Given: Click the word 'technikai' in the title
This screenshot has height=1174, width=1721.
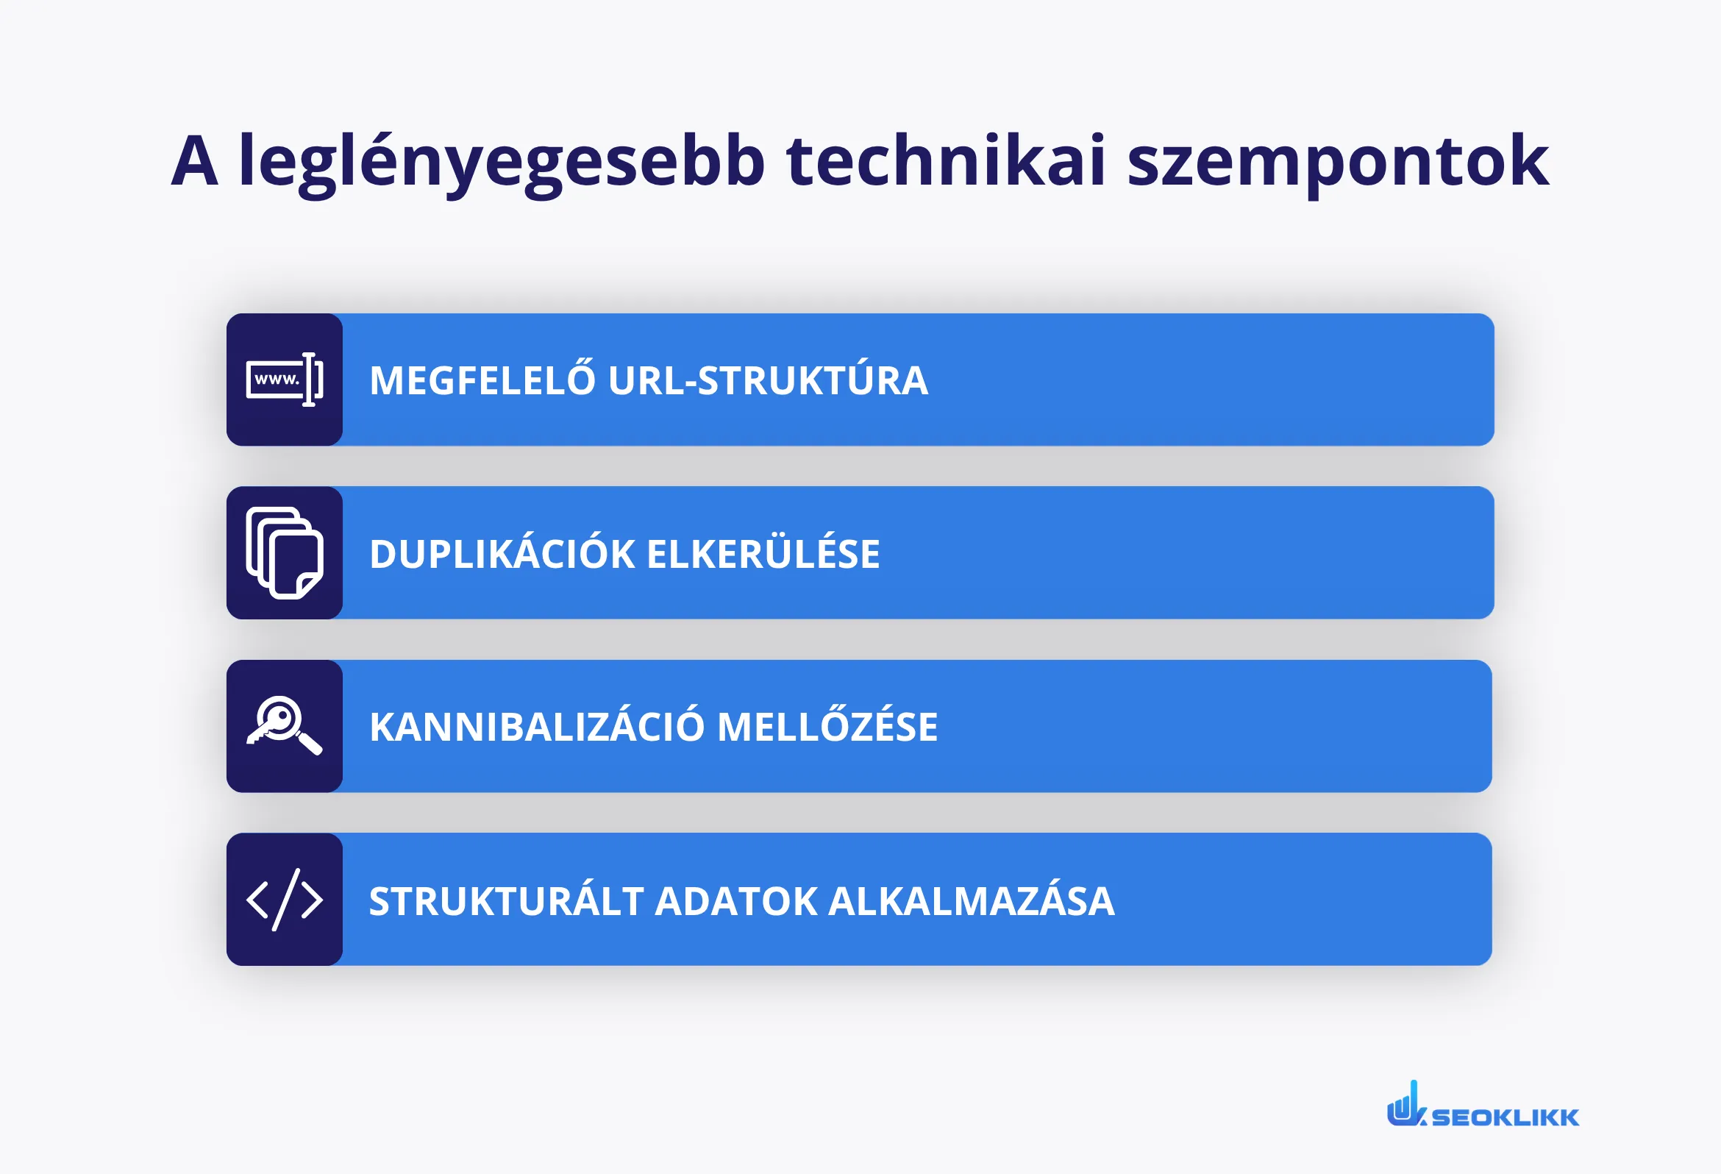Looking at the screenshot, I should point(946,161).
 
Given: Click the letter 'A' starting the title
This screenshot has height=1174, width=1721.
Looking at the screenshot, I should point(195,161).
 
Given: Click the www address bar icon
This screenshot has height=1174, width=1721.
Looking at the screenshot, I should point(285,380).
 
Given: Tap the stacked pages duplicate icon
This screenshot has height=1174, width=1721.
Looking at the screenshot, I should point(285,552).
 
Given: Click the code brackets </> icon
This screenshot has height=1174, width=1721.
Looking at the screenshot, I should point(285,899).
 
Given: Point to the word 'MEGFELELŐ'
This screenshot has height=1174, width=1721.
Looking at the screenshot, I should point(482,381).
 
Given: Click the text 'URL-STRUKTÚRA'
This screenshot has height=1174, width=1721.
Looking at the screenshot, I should point(768,381).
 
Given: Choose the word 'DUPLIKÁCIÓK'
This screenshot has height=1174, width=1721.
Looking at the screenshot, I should point(502,554).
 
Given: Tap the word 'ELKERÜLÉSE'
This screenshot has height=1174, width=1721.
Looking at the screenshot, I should point(763,554).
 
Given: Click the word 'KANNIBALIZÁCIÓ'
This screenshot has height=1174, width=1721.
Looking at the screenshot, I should point(536,727).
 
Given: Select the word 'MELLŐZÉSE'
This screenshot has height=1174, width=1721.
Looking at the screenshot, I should point(827,727).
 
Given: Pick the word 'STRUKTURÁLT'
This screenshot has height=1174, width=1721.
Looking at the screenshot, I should point(506,901).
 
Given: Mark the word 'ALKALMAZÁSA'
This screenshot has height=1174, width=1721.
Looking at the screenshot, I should point(971,901).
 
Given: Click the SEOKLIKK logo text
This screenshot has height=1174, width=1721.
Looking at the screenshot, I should point(1505,1117).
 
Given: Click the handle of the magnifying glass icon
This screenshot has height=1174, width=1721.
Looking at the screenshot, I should point(310,744).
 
